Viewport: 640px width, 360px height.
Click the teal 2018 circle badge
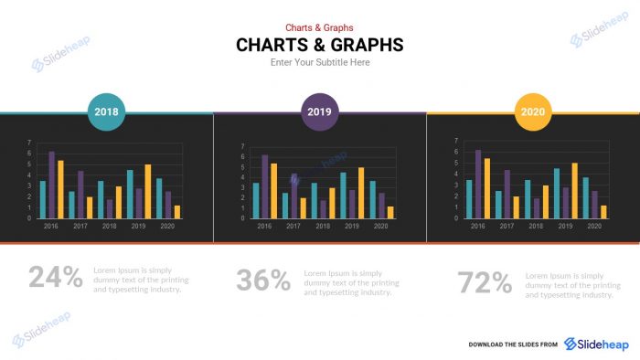[106, 113]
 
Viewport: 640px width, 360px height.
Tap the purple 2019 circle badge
[319, 113]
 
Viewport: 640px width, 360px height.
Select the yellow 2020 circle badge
[532, 113]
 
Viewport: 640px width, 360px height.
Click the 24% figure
[55, 276]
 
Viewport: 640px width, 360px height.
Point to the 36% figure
[263, 280]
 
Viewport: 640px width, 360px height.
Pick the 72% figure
[485, 282]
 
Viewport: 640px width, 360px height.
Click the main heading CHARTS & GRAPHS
[319, 45]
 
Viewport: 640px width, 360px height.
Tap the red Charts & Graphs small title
[319, 27]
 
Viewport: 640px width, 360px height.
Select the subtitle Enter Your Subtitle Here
[319, 63]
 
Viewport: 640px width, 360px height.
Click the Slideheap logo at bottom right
[596, 344]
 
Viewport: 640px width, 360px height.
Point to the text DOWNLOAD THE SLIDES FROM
[513, 344]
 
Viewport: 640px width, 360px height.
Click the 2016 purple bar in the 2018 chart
[51, 185]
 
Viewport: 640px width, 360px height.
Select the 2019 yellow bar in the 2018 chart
[148, 191]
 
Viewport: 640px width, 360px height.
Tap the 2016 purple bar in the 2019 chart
[265, 186]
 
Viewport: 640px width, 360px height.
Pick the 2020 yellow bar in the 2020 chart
[603, 212]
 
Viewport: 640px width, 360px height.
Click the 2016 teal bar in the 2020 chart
[469, 198]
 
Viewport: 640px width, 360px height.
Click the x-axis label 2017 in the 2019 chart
[293, 225]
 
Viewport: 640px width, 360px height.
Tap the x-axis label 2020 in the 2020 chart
[594, 225]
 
